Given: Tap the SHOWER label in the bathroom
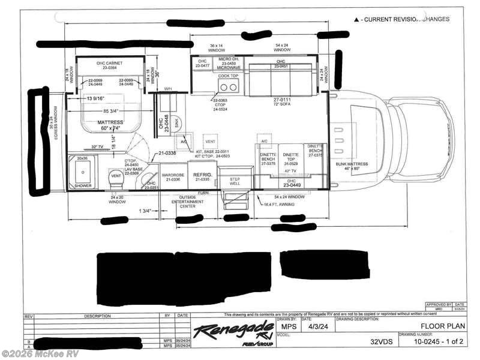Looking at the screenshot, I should point(83,186).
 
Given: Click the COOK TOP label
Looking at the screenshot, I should point(229,76).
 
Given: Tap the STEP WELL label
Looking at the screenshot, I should point(231,182).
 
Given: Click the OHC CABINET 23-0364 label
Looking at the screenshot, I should point(109,65).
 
